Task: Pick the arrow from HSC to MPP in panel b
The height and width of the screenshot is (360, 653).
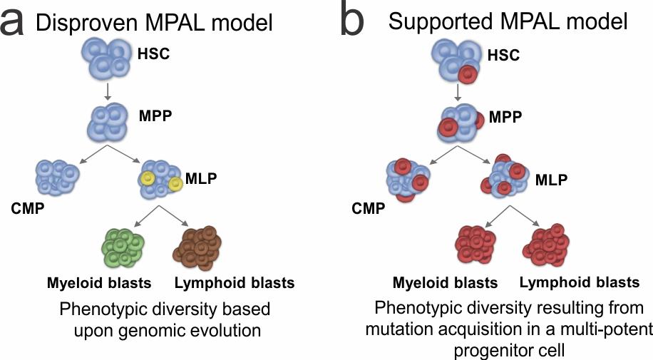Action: point(456,93)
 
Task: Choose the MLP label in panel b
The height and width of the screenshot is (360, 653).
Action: point(550,179)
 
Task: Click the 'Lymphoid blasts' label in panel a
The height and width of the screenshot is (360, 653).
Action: point(234,283)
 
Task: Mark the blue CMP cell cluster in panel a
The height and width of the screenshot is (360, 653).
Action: point(56,177)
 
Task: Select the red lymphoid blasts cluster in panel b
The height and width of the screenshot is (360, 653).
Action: point(548,247)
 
